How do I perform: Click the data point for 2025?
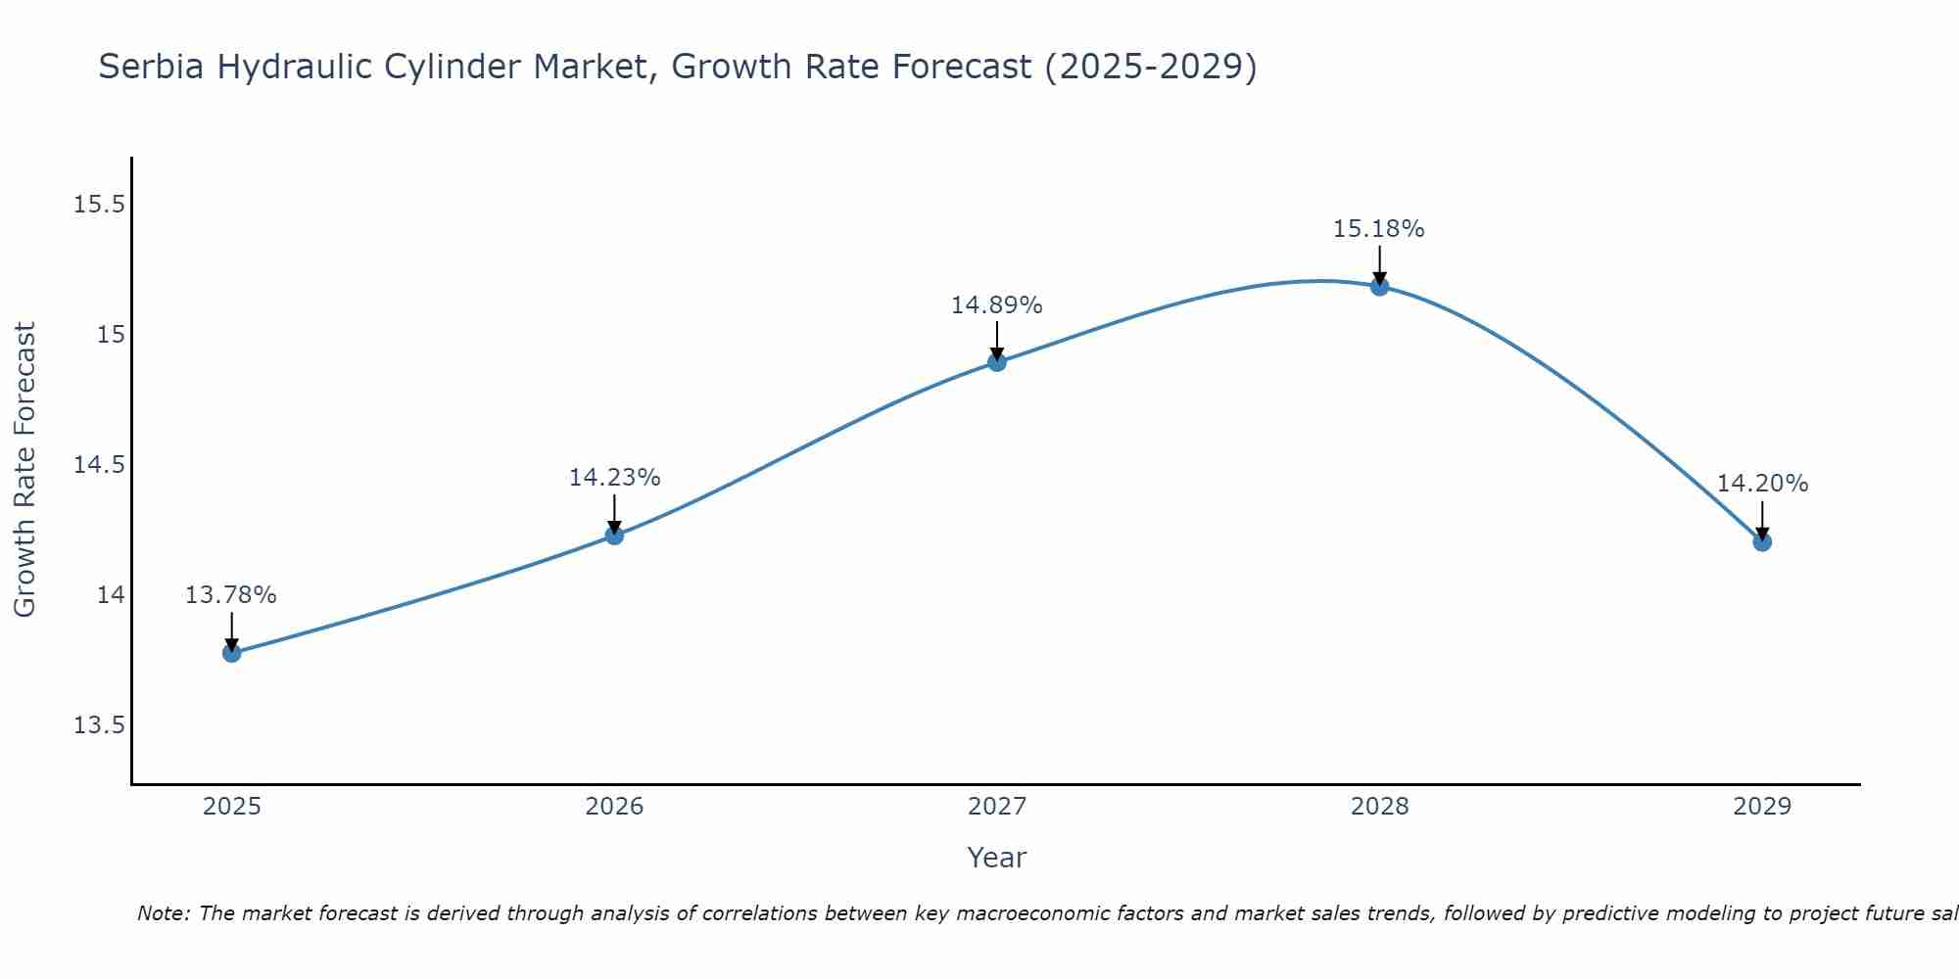point(232,653)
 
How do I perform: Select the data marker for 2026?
point(614,536)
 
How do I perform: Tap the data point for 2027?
point(997,362)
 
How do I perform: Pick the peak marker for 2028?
point(1379,287)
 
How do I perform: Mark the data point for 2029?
point(1762,542)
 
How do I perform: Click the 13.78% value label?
point(231,595)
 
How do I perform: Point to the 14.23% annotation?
point(614,478)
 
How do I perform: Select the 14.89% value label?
point(997,305)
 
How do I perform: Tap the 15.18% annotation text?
point(1378,229)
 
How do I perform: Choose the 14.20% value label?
point(1762,484)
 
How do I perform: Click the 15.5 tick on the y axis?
point(99,205)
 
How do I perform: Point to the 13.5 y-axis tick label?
point(99,725)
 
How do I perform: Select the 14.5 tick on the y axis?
point(99,465)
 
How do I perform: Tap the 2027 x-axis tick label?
point(997,807)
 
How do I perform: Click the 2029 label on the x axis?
point(1762,807)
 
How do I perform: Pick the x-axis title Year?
point(996,859)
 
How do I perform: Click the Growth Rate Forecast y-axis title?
point(25,469)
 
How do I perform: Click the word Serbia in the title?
point(152,68)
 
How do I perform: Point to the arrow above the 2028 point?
point(1379,264)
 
